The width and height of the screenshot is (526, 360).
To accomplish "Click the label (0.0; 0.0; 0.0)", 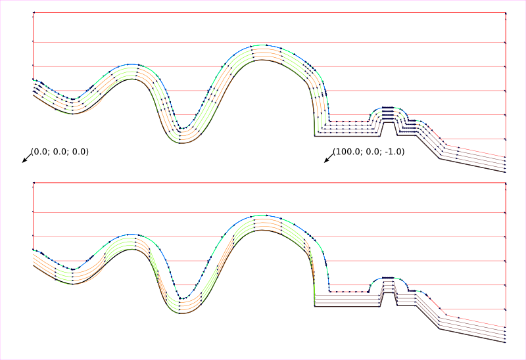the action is click(60, 152).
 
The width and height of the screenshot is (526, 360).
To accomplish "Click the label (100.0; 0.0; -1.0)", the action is click(369, 152).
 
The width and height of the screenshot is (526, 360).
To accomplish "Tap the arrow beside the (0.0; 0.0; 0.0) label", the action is click(27, 158).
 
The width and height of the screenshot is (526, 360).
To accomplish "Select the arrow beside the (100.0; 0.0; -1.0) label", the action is click(329, 158).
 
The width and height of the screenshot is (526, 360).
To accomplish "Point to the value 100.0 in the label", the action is click(348, 152).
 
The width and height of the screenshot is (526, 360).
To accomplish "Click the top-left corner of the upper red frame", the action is click(34, 12).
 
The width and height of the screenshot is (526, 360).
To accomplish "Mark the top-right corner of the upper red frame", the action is click(506, 12).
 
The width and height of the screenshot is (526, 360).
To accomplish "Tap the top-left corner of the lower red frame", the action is click(34, 183).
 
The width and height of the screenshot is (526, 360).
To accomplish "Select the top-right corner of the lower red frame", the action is click(506, 183).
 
